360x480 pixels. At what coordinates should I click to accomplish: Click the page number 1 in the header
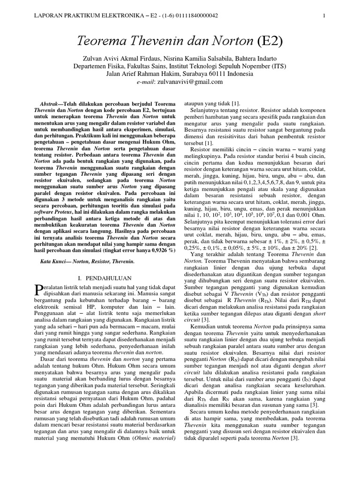[324, 15]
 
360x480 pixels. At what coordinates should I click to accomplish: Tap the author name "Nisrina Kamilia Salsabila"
[196, 58]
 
